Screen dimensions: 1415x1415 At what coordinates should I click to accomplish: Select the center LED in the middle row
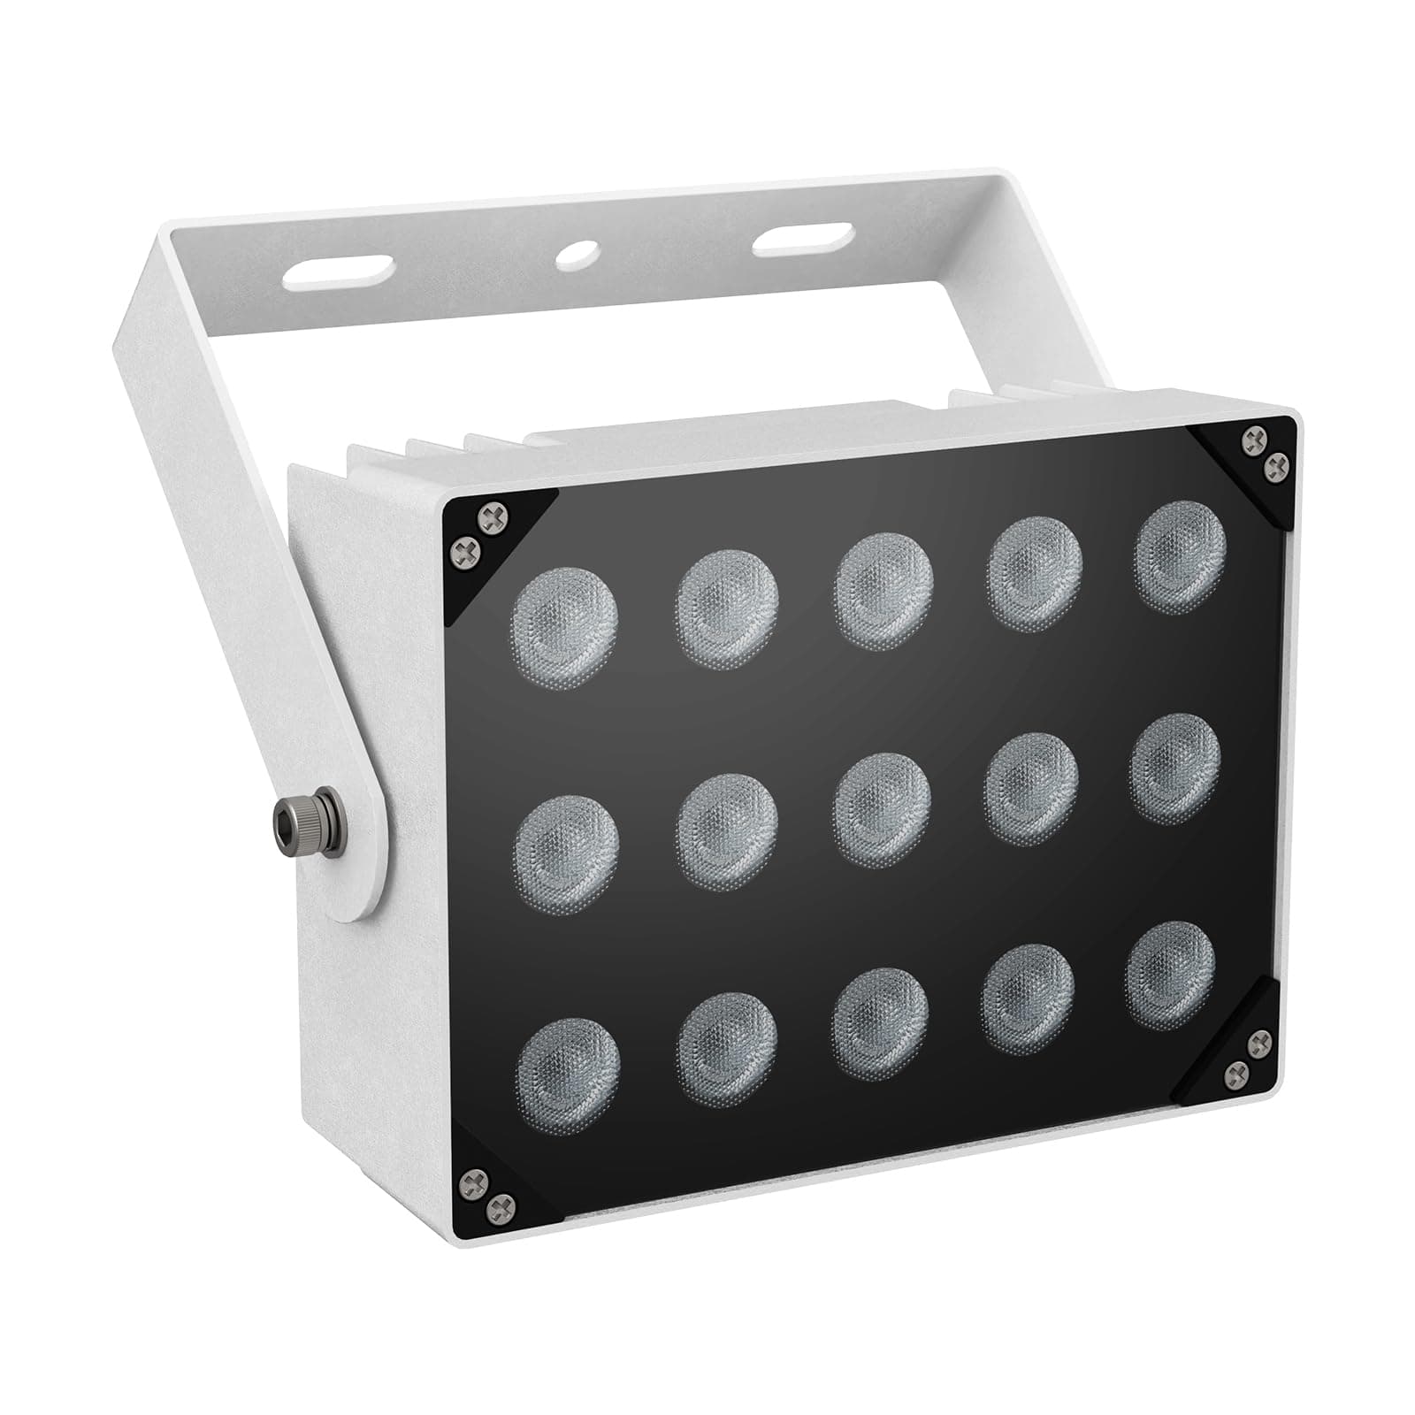[883, 810]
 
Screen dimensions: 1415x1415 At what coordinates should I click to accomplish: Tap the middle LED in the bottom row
[879, 1023]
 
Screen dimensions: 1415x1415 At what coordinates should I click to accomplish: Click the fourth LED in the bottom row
[1028, 999]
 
